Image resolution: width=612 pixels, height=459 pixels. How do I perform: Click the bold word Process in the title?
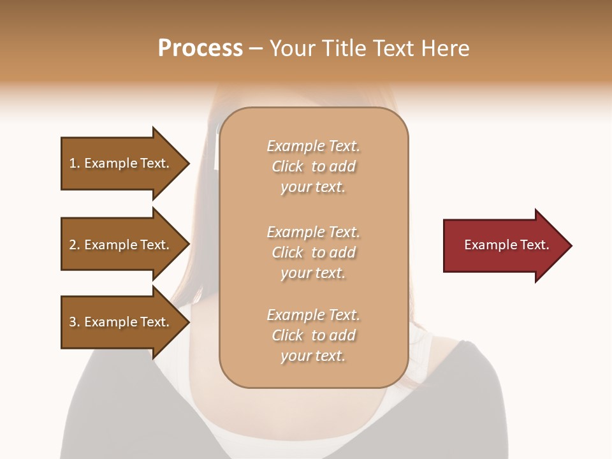pos(200,48)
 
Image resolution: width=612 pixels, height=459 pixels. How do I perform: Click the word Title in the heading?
pos(342,48)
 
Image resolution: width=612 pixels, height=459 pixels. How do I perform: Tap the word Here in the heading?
pos(444,48)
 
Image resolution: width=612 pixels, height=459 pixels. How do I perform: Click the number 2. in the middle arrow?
pos(75,245)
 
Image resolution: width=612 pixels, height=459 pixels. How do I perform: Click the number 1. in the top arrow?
pos(74,163)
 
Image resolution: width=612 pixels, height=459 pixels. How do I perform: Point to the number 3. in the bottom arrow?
pos(75,322)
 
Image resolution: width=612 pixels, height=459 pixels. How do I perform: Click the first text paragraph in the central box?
pos(313,166)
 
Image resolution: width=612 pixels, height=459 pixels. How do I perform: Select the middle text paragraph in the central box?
pos(313,252)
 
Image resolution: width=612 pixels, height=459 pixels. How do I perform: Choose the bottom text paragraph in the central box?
pos(313,335)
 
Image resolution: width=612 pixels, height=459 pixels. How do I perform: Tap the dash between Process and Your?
pos(256,48)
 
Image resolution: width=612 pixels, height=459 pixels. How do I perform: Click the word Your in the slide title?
pos(291,48)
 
